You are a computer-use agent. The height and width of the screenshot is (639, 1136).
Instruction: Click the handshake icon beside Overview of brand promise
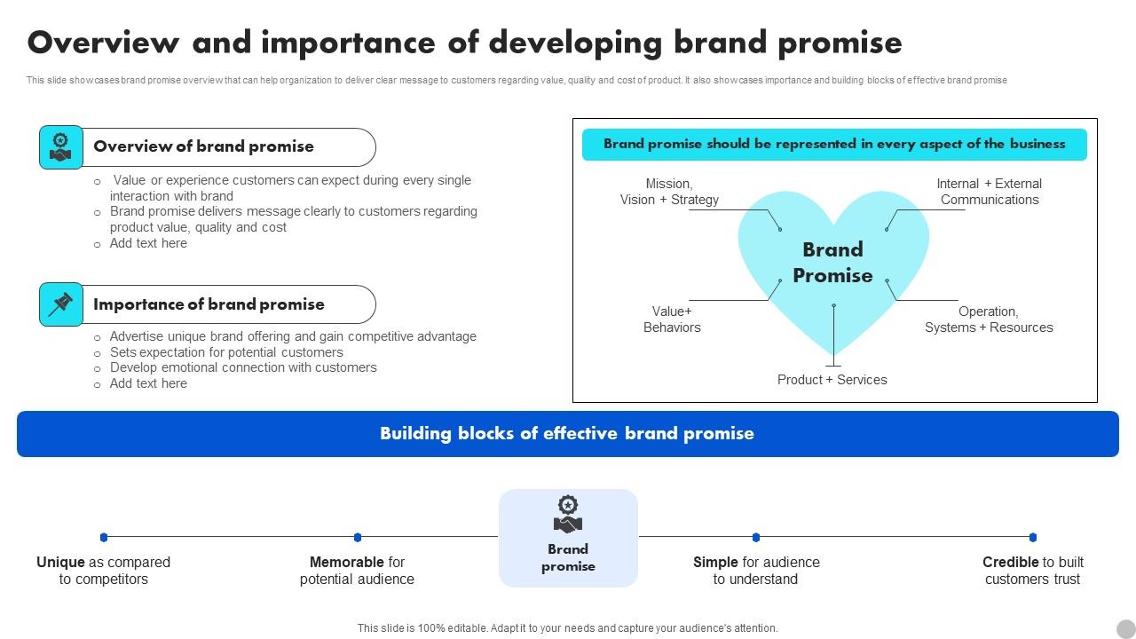tap(60, 147)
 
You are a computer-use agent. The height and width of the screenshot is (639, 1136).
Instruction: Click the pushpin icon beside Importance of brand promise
tap(60, 304)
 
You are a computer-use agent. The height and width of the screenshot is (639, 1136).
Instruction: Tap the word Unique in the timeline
tap(60, 562)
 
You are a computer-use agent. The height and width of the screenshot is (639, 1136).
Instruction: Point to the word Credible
tap(1010, 562)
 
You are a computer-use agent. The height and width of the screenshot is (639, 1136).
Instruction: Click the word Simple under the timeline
tap(715, 562)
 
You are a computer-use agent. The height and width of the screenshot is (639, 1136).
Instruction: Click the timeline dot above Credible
tap(1032, 537)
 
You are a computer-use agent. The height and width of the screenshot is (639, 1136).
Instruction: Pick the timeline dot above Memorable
tap(357, 537)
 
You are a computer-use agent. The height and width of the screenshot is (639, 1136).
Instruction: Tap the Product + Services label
tap(832, 380)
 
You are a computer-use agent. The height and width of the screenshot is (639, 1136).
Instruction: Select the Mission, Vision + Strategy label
tap(669, 192)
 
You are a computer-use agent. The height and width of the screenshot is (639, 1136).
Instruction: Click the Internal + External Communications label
tap(989, 192)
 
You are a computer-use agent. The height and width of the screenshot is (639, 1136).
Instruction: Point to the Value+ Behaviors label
tap(672, 319)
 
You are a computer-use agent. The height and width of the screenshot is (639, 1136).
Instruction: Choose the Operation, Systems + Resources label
tap(989, 319)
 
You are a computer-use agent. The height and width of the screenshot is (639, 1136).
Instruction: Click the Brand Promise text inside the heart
tap(832, 263)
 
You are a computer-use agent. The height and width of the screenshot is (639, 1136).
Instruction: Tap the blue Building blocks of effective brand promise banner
tap(567, 434)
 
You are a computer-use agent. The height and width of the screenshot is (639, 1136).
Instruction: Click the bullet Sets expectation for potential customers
tap(226, 352)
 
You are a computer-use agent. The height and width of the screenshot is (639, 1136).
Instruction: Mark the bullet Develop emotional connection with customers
tap(243, 367)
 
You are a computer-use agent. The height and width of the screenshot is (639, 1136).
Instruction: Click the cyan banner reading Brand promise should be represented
tap(834, 144)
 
